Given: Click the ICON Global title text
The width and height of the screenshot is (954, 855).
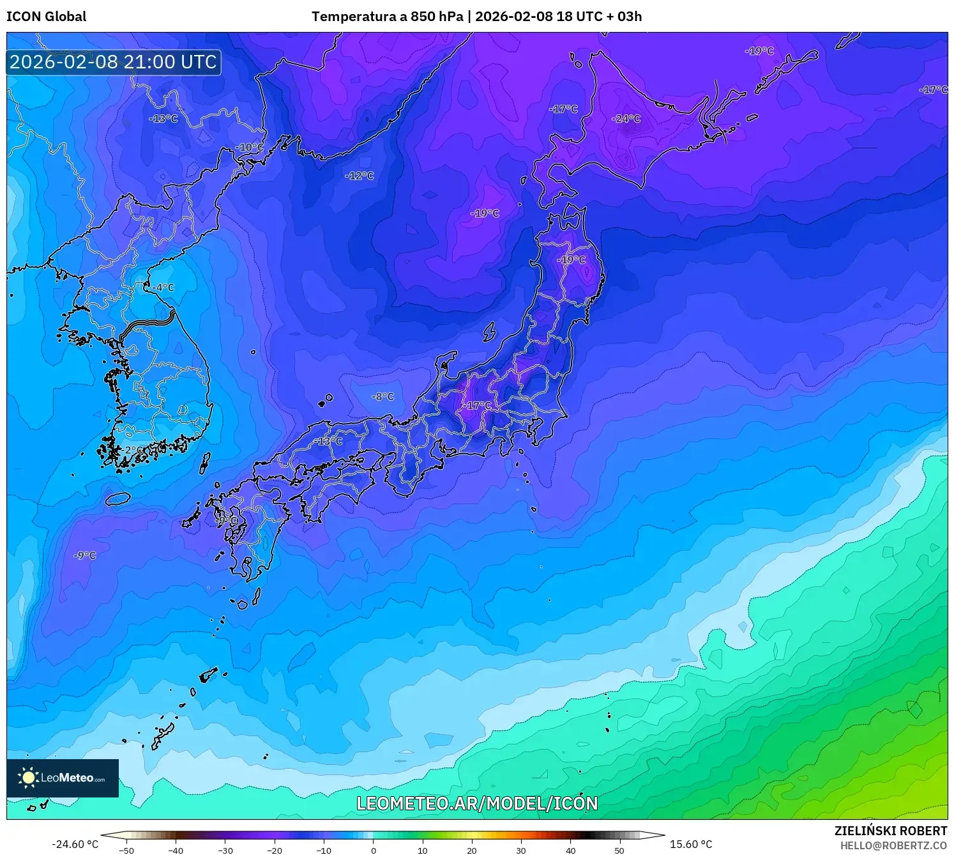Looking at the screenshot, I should pos(46,17).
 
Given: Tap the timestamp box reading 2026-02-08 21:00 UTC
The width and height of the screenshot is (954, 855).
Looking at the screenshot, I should pos(114,62).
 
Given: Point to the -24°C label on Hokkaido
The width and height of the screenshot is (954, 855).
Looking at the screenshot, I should pos(626,119).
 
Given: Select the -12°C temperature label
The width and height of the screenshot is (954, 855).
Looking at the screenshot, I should pos(360,176).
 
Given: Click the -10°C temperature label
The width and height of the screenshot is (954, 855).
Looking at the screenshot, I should pos(249,148).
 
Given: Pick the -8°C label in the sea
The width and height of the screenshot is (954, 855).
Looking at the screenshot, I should pos(383,397).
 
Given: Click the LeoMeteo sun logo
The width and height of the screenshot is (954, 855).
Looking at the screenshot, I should pos(28,778).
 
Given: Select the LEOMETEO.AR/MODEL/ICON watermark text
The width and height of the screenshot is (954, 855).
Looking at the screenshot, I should pos(477,803).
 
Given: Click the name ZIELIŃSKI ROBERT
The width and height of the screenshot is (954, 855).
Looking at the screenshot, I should pos(891,831).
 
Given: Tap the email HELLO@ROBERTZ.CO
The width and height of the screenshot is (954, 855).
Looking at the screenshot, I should pos(893,845).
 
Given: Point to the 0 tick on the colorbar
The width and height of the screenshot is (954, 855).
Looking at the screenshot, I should pos(374,850).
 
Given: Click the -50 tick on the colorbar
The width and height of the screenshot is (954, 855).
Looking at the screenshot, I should pos(126,850).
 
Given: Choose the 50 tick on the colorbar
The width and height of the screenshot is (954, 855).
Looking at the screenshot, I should pos(619,850).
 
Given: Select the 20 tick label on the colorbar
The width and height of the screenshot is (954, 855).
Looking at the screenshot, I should pos(472,850).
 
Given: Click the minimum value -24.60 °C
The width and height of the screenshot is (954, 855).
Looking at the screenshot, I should pos(75,844).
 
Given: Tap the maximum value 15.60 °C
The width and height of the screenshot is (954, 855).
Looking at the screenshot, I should pos(691,844).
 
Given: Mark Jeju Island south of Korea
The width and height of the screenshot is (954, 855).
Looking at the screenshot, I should pos(117,498).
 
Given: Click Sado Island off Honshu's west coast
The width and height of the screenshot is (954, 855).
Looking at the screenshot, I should pos(489,332).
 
